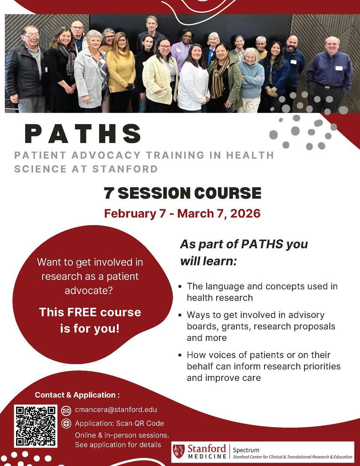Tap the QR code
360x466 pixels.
[x=36, y=426]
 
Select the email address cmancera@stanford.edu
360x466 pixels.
[x=116, y=410]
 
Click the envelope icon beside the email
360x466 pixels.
[x=66, y=411]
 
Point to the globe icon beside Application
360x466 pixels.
[x=66, y=424]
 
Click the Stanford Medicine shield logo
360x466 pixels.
[x=179, y=451]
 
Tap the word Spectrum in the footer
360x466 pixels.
[x=246, y=450]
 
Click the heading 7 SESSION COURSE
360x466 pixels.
[x=183, y=193]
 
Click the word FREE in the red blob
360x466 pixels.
[x=82, y=312]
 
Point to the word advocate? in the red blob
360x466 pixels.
[x=89, y=291]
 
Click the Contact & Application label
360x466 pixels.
[x=77, y=395]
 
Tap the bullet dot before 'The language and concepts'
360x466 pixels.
[x=180, y=286]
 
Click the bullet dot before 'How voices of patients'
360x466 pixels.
[x=180, y=355]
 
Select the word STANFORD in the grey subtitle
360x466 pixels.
[x=125, y=169]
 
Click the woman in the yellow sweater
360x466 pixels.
[x=120, y=72]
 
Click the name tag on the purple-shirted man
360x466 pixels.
[x=339, y=68]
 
